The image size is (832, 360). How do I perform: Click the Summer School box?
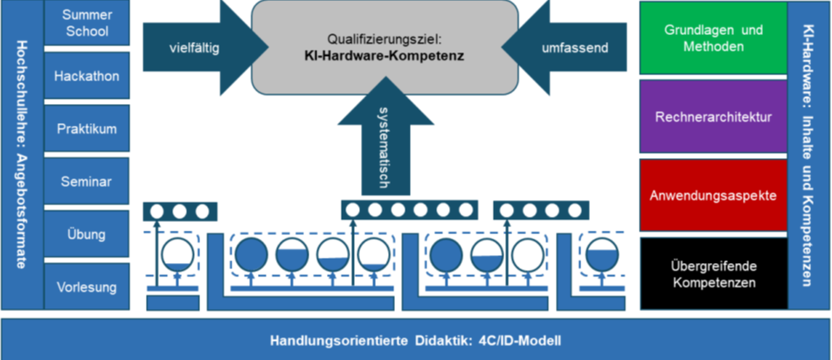pos(87,24)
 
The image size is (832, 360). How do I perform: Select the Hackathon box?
pos(87,77)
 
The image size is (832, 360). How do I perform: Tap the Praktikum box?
pos(87,128)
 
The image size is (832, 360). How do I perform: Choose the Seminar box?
pos(87,181)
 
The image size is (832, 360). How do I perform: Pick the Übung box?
pos(87,234)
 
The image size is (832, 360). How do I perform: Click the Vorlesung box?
pos(87,287)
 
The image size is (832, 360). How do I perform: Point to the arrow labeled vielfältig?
pos(194,47)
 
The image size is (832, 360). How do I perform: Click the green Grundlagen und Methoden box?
pos(713,38)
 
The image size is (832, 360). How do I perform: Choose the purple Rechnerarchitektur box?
pos(713,116)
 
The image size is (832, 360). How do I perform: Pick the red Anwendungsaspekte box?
pos(713,195)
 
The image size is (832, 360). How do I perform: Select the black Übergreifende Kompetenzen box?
pos(713,274)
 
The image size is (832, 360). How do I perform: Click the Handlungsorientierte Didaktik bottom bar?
pos(416,340)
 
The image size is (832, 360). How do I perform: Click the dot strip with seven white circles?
pos(408,210)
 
